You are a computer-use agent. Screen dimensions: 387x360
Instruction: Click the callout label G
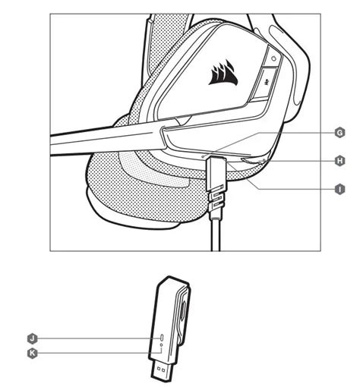tap(339, 132)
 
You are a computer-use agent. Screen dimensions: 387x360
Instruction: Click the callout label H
tap(339, 161)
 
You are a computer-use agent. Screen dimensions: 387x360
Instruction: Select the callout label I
tap(339, 189)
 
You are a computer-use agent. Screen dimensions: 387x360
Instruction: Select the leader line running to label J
tap(91, 336)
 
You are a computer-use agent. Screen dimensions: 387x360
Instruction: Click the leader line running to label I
tap(289, 189)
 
